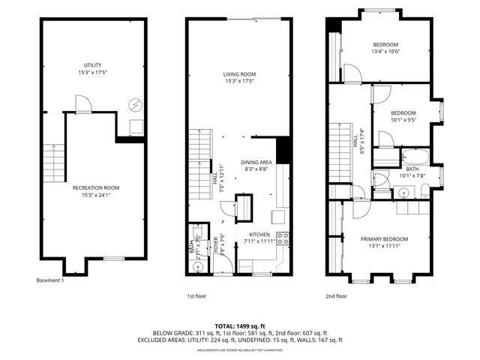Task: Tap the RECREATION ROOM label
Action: (100, 187)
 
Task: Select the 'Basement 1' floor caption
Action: (50, 280)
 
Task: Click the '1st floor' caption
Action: (196, 296)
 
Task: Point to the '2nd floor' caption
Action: (337, 296)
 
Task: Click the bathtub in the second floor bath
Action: (413, 157)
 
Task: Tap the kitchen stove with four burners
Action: (283, 239)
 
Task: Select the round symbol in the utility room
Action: (135, 104)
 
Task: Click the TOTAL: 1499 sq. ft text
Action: (240, 326)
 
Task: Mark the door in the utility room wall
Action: (83, 106)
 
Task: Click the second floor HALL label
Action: (355, 142)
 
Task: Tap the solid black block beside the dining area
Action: (283, 151)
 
